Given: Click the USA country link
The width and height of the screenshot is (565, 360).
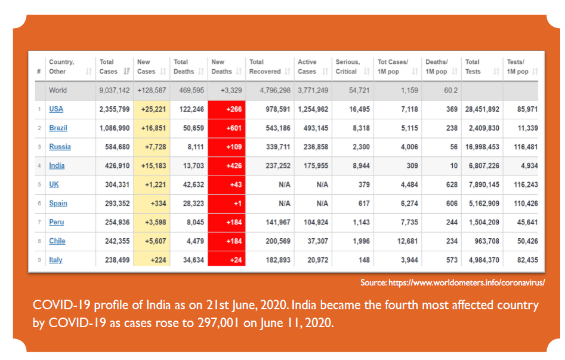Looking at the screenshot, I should point(56,109).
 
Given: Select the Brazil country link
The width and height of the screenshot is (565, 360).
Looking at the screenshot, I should point(58,128).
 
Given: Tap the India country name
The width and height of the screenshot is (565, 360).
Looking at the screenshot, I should point(57,165).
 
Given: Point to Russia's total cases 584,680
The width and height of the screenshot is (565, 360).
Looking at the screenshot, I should point(116,147).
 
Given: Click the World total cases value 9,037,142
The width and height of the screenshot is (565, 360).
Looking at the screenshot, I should point(114,90).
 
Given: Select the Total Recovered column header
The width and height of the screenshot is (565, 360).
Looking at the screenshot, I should point(265,66).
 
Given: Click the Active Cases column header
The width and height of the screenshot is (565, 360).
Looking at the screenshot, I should point(307,66).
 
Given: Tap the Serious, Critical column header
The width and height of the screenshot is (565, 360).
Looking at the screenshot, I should point(347,66).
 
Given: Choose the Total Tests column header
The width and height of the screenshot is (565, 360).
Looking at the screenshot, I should point(473,66).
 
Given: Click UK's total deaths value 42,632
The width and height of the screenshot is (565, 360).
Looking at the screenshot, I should point(189,184).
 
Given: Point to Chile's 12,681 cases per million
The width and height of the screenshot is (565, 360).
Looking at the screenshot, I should point(406,241).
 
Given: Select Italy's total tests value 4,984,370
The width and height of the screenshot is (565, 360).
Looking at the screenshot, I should point(481,260).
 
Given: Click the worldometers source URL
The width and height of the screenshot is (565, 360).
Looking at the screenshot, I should point(466,282).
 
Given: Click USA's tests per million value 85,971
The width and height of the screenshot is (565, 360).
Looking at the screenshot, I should point(522,109).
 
